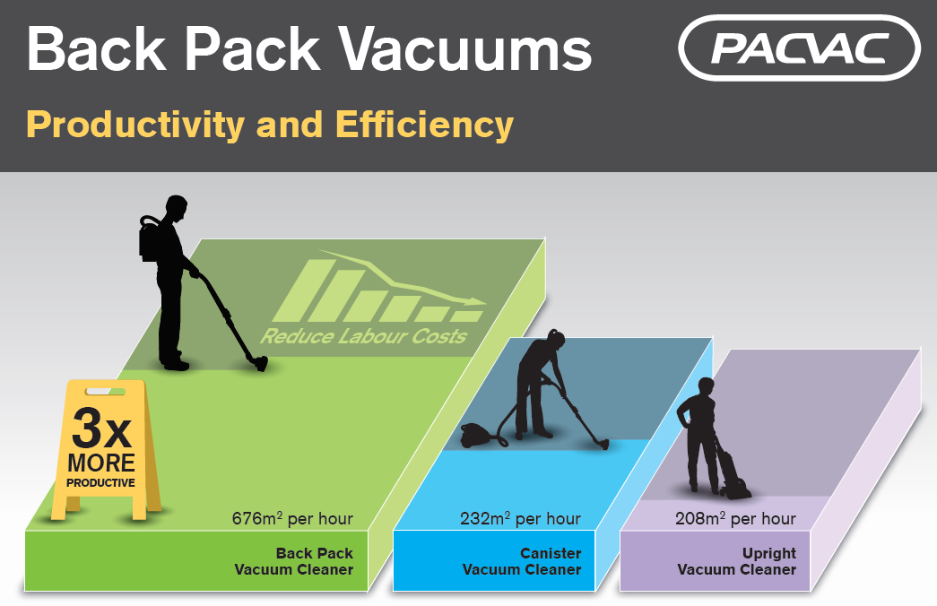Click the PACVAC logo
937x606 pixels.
click(x=799, y=48)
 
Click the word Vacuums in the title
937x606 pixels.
click(x=465, y=48)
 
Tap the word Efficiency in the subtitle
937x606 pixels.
click(x=424, y=125)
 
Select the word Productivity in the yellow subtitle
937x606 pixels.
click(x=135, y=125)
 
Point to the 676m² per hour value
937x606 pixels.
click(x=292, y=518)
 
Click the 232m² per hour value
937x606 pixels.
click(x=520, y=518)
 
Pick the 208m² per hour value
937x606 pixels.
click(x=735, y=518)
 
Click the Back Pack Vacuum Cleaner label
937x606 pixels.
click(x=293, y=561)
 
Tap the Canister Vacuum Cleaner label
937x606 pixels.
click(x=522, y=561)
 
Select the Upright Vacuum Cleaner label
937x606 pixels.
click(x=736, y=561)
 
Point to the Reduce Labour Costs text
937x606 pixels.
click(x=363, y=336)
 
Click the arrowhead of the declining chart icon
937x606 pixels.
click(x=477, y=301)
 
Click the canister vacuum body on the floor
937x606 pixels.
click(x=475, y=435)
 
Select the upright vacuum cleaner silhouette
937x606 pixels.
click(x=733, y=472)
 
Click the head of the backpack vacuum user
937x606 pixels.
click(x=177, y=209)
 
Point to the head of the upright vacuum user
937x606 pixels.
click(x=707, y=388)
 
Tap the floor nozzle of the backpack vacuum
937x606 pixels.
click(x=259, y=363)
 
